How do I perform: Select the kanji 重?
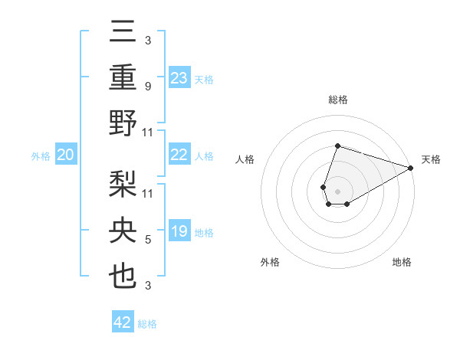(x=123, y=78)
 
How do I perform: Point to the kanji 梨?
(x=123, y=185)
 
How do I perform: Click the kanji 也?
(x=123, y=277)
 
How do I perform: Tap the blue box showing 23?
(x=179, y=78)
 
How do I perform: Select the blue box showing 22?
(x=179, y=155)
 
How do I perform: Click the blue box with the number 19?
(x=179, y=231)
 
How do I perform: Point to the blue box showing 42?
(x=123, y=322)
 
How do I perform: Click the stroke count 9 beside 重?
(x=147, y=87)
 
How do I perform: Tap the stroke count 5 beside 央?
(x=147, y=241)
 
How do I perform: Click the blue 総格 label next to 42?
(x=147, y=324)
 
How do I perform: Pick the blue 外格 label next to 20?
(x=41, y=156)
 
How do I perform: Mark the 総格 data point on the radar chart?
(x=337, y=146)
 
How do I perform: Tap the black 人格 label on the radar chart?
(x=245, y=159)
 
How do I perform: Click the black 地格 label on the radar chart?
(x=402, y=262)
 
